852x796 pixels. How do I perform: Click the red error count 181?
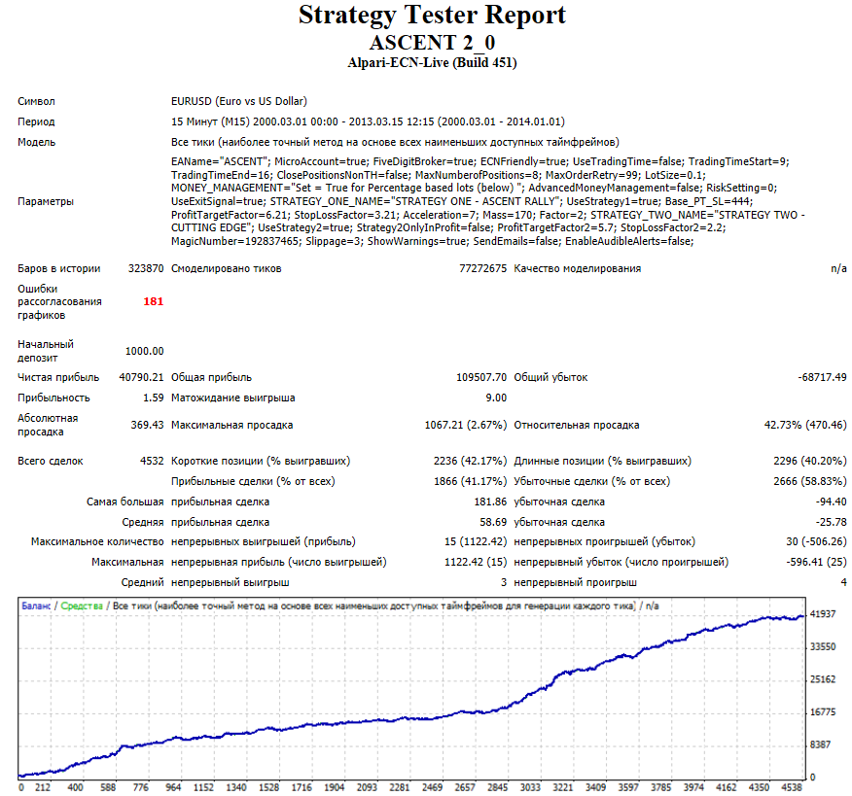(x=154, y=301)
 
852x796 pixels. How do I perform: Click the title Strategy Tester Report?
(x=432, y=16)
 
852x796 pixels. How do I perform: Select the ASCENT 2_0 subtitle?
(x=432, y=43)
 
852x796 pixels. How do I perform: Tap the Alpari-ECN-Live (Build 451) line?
(x=432, y=63)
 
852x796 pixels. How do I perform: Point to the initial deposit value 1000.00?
(x=145, y=351)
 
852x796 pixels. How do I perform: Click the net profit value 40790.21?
(x=141, y=377)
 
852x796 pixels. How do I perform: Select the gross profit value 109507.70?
(x=481, y=377)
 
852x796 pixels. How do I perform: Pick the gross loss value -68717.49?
(x=822, y=377)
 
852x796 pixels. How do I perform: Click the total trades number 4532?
(x=152, y=461)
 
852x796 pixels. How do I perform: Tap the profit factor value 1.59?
(x=154, y=398)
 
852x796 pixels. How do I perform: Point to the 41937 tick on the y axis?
(x=823, y=614)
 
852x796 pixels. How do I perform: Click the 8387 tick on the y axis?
(x=821, y=744)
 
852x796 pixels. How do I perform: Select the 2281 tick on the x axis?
(x=400, y=787)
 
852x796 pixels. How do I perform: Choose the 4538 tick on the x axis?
(x=793, y=787)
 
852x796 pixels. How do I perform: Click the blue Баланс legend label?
(x=36, y=606)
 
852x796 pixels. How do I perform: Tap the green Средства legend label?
(x=82, y=606)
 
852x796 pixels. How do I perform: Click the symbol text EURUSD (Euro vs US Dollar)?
(x=239, y=101)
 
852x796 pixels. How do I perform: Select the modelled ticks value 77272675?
(x=483, y=269)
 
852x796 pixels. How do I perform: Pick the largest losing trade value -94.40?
(x=832, y=502)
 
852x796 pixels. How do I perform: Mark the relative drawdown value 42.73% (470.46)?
(x=805, y=425)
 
